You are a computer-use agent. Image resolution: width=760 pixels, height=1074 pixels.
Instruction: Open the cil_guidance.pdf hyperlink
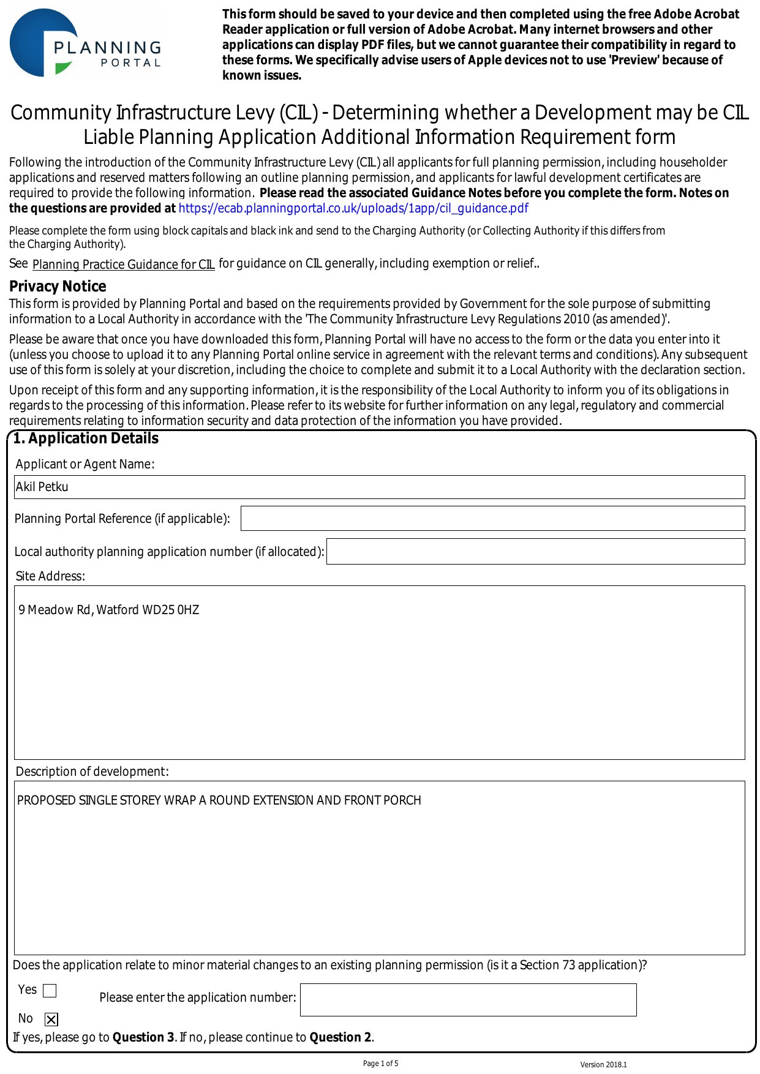353,208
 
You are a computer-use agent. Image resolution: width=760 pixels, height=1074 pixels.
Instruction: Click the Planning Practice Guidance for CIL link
123,265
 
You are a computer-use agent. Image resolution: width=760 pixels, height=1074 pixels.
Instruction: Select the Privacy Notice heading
58,287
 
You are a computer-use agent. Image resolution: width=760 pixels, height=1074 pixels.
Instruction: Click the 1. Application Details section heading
86,438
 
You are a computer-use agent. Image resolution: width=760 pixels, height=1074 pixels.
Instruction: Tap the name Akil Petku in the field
42,487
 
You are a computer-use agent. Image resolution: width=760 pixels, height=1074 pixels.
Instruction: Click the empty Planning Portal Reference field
492,519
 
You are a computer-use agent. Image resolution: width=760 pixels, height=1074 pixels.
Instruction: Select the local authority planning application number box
535,552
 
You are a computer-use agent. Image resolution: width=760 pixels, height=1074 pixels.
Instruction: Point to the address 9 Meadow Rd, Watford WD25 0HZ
108,610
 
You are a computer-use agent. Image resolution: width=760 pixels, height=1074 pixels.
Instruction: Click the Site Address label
50,576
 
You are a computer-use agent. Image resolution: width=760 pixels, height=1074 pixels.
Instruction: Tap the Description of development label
92,772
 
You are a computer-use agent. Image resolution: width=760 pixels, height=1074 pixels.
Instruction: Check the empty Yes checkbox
50,991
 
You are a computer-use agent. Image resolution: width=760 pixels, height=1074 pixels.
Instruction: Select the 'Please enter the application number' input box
468,1000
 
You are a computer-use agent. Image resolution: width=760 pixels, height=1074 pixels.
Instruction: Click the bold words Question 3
143,1037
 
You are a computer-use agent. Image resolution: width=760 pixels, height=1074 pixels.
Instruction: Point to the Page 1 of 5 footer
380,1064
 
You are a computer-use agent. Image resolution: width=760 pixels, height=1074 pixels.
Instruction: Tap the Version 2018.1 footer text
603,1065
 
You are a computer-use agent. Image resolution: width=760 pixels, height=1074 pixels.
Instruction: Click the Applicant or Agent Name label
85,464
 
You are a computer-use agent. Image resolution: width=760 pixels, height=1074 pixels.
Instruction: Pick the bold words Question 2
340,1037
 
